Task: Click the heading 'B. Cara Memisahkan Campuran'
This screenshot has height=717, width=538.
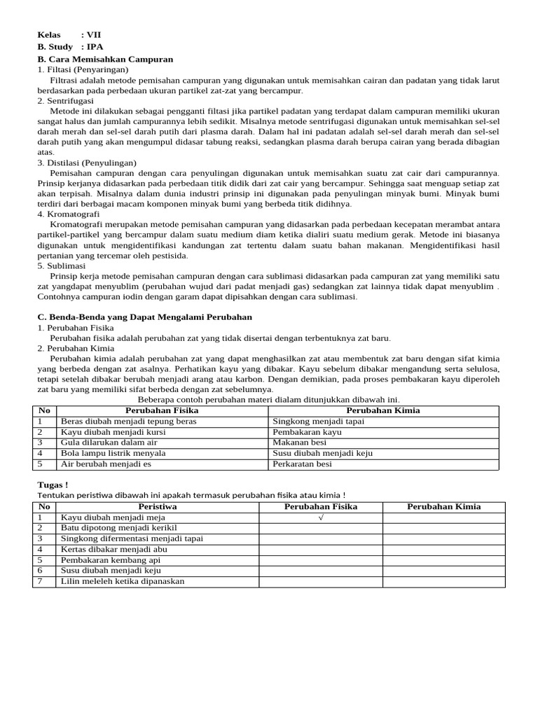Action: (x=105, y=59)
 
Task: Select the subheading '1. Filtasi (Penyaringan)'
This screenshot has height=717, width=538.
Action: (x=83, y=70)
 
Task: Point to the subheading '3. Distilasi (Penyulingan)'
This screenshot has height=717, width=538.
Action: (x=87, y=162)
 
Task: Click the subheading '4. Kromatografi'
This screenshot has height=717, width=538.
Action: (x=69, y=214)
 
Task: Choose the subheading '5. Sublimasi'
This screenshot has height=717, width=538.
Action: (x=61, y=265)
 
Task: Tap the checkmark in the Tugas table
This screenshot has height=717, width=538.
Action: (x=320, y=517)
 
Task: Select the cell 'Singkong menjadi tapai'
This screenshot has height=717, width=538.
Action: (x=318, y=422)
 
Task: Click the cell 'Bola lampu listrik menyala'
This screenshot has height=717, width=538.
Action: (x=113, y=453)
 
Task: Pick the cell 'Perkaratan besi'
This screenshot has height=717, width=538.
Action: (x=302, y=464)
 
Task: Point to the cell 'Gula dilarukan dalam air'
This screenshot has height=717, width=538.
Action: (x=109, y=443)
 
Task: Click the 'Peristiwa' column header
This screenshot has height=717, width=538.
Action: (x=158, y=506)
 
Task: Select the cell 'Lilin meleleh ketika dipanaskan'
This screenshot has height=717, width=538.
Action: (x=123, y=581)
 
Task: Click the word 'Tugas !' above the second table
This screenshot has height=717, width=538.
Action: (x=53, y=485)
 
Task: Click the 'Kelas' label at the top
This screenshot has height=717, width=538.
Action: (x=49, y=34)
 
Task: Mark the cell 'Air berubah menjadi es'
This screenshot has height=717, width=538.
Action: (x=106, y=464)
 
